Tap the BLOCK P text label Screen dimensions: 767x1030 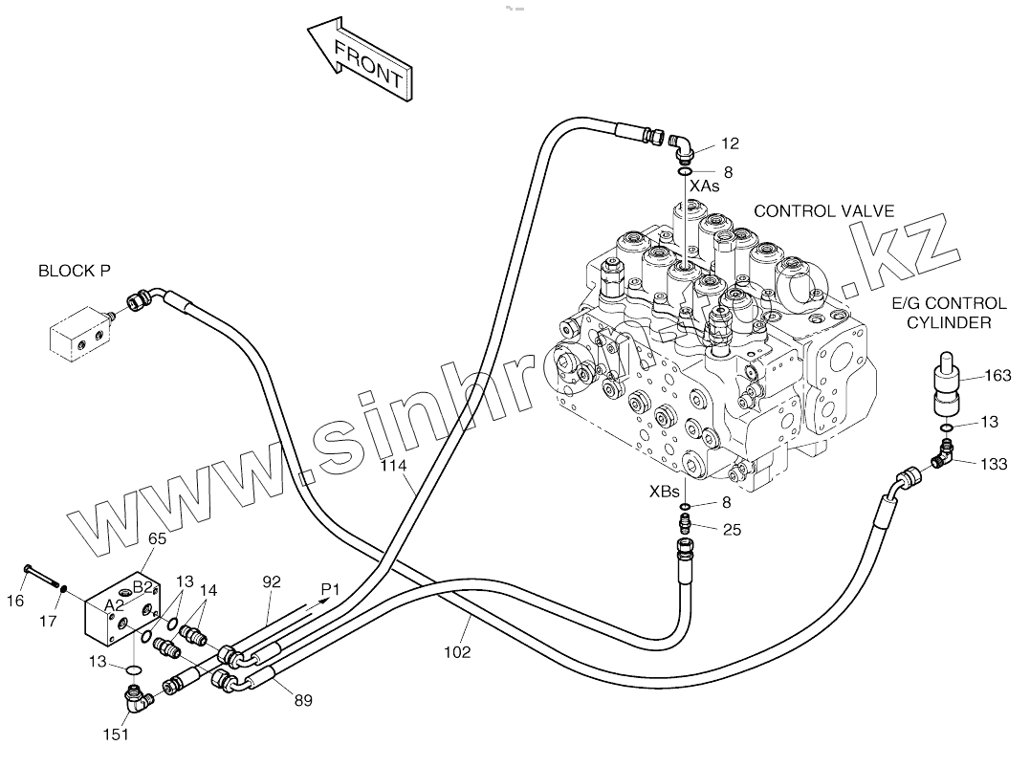pyautogui.click(x=75, y=271)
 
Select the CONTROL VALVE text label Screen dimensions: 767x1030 pyautogui.click(x=823, y=210)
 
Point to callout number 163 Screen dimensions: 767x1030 pyautogui.click(x=997, y=376)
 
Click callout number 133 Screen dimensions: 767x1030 pyautogui.click(x=995, y=464)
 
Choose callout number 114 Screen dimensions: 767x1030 pyautogui.click(x=393, y=466)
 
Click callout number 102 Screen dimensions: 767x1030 pyautogui.click(x=458, y=652)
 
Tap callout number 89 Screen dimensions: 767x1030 pyautogui.click(x=302, y=701)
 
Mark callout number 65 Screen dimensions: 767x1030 pyautogui.click(x=157, y=538)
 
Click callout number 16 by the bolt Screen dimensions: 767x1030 pyautogui.click(x=16, y=601)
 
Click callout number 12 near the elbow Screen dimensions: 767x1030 pyautogui.click(x=731, y=143)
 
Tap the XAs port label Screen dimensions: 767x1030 pyautogui.click(x=705, y=186)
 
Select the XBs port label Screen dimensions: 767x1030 pyautogui.click(x=665, y=492)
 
